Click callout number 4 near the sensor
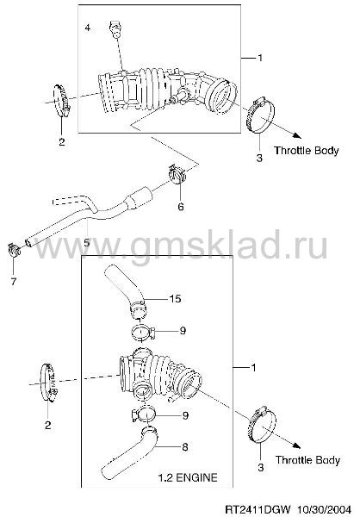(87, 28)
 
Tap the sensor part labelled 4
(115, 29)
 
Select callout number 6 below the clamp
(181, 207)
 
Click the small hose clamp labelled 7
(14, 250)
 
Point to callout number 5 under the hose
(87, 243)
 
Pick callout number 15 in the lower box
(175, 299)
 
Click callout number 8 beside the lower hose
(185, 446)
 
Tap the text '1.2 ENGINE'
(188, 477)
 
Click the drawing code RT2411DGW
(258, 508)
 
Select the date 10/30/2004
(325, 508)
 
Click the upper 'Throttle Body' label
(307, 151)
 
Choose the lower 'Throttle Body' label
(307, 460)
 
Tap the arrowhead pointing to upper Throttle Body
(297, 135)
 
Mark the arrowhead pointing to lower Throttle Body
(296, 445)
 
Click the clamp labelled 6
(177, 174)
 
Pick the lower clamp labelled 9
(144, 414)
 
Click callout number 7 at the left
(14, 282)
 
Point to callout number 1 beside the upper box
(260, 58)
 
